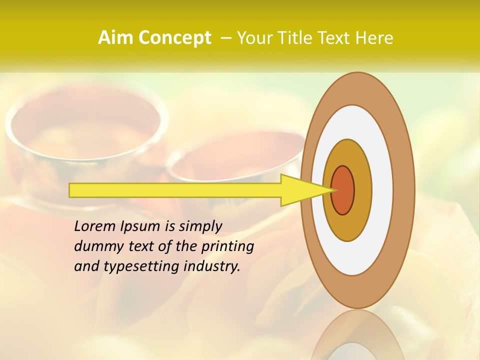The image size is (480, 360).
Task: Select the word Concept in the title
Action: (x=174, y=38)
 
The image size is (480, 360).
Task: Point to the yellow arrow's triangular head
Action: (x=305, y=190)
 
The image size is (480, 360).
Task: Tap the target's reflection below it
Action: (x=357, y=335)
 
